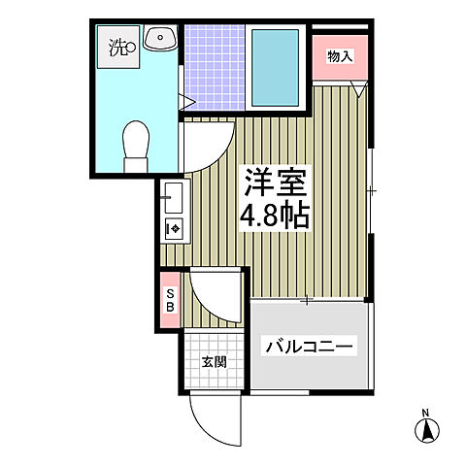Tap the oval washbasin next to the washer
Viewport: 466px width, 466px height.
pos(160,39)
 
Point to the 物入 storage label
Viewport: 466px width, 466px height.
pos(340,56)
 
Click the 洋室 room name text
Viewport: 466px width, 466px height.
pos(276,182)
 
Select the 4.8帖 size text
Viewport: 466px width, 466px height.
pos(276,215)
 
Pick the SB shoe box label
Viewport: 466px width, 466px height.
pos(170,301)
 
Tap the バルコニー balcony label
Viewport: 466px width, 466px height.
pos(310,346)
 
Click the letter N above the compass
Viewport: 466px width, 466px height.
pos(424,414)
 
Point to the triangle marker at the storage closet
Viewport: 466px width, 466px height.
pos(360,91)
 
